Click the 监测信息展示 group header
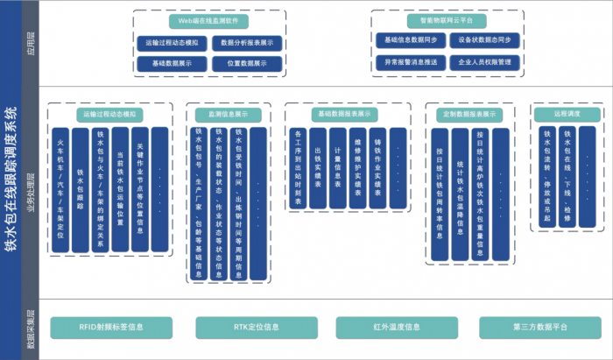[228, 114]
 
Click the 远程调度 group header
[567, 114]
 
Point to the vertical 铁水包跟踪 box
[81, 190]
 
